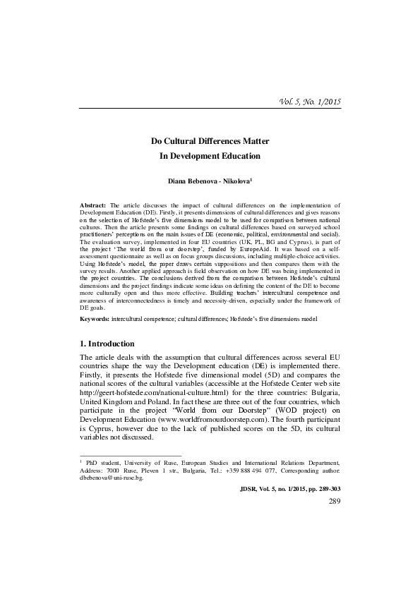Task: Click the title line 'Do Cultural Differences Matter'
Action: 210,141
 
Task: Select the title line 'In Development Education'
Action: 210,156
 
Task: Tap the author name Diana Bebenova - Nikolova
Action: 210,181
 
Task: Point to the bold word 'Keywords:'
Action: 95,320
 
